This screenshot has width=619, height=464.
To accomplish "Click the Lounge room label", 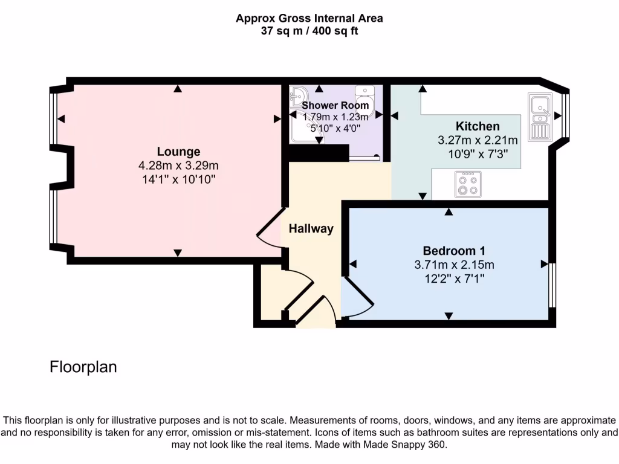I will point(178,152).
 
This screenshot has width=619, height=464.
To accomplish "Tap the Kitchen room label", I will point(478,126).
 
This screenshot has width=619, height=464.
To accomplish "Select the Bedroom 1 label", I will point(454,251).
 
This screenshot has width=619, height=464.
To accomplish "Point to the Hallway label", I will point(311,228).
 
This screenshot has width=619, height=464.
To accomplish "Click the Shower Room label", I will point(335,105).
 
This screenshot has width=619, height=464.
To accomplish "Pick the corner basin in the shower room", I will point(298,97).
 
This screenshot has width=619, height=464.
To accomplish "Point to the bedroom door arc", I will point(358,296).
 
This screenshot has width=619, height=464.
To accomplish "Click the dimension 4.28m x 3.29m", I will point(178,166).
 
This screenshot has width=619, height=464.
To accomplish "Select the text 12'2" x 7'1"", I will point(454,278).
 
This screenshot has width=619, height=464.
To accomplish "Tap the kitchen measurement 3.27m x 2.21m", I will point(478,140).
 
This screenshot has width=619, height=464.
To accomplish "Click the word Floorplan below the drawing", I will point(83,367).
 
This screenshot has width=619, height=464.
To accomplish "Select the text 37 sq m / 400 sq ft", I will point(309,31).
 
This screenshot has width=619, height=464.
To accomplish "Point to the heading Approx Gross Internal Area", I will point(309,18).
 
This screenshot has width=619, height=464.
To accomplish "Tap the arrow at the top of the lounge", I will point(178,89).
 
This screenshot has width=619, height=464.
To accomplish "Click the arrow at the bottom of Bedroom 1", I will point(449,315).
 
